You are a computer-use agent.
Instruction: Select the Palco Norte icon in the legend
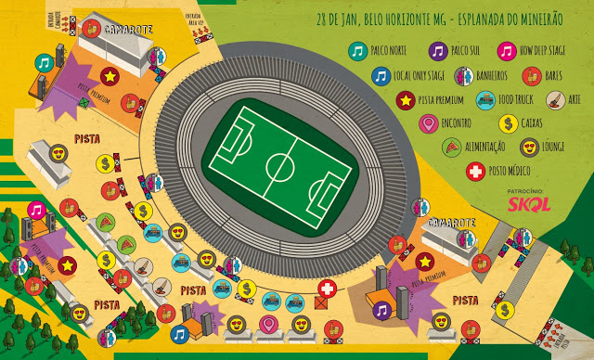[x=357, y=52]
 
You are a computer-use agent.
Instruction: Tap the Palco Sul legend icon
[x=437, y=52]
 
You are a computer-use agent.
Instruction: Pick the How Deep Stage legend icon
[x=506, y=52]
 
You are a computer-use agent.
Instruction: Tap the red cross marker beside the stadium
[x=327, y=289]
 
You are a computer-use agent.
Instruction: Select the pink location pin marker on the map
[x=270, y=324]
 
